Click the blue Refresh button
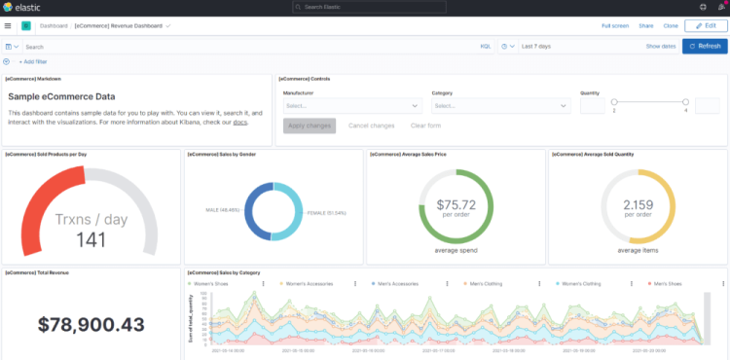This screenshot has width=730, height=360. click(705, 46)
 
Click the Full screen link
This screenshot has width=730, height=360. click(614, 25)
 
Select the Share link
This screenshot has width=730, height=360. click(645, 25)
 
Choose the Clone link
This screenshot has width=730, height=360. click(671, 25)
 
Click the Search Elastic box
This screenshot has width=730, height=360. click(364, 7)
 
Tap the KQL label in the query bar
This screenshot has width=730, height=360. click(485, 46)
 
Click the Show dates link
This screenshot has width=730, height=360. click(660, 46)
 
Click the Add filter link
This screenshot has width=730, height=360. click(33, 61)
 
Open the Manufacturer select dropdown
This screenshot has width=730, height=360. click(351, 105)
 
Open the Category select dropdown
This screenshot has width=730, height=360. click(501, 105)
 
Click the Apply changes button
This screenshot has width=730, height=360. click(310, 126)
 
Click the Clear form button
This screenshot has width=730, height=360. click(425, 126)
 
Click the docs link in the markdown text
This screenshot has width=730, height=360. click(239, 122)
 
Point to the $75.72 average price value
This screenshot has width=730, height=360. click(456, 204)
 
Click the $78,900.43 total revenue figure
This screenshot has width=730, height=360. click(90, 324)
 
